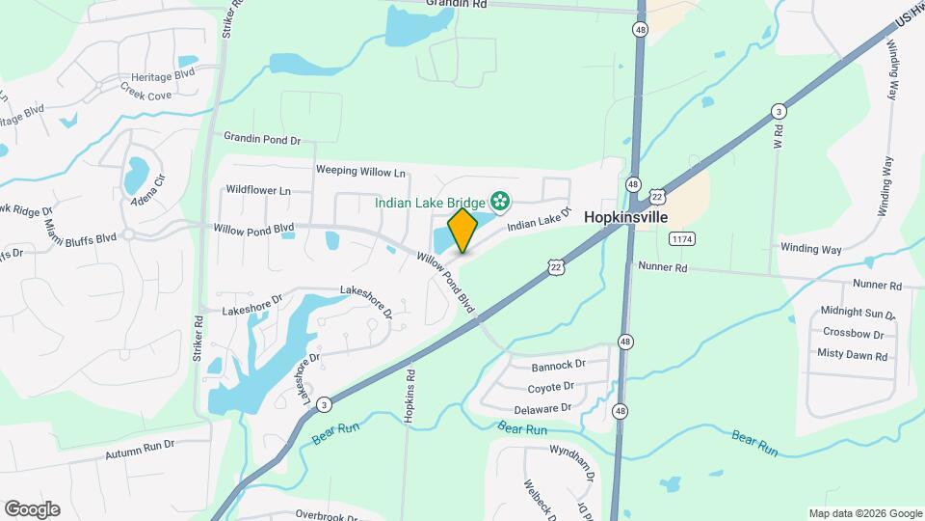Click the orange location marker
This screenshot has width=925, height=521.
pyautogui.click(x=463, y=230)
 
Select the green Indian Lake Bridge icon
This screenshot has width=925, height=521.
pyautogui.click(x=500, y=202)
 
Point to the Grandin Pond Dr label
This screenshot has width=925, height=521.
pyautogui.click(x=262, y=139)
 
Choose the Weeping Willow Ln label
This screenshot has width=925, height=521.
pyautogui.click(x=360, y=171)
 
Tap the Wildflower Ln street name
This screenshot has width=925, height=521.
pyautogui.click(x=257, y=191)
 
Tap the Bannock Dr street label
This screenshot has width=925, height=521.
pyautogui.click(x=559, y=366)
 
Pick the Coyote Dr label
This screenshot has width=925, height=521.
pyautogui.click(x=550, y=387)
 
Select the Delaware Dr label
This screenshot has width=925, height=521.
pyautogui.click(x=549, y=408)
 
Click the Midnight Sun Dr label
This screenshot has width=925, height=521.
pyautogui.click(x=858, y=314)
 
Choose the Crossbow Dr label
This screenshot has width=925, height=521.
pyautogui.click(x=854, y=334)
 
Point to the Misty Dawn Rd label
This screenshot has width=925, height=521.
pyautogui.click(x=852, y=354)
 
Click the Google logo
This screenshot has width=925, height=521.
pyautogui.click(x=32, y=509)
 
